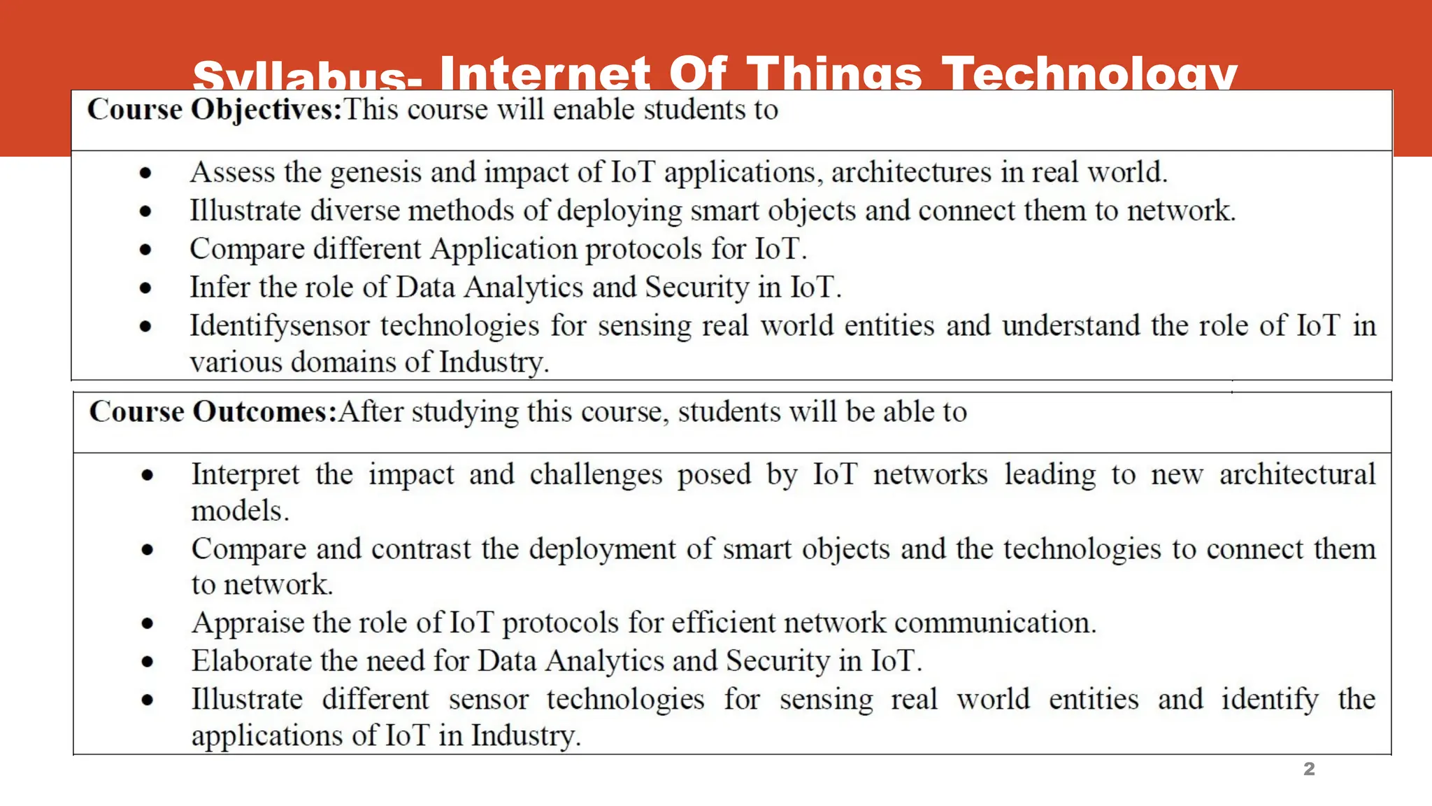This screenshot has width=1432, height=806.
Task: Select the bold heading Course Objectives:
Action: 214,110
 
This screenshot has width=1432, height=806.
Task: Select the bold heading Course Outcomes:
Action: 213,411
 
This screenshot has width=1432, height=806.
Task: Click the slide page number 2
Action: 1309,769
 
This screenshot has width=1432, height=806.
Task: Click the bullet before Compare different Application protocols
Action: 145,249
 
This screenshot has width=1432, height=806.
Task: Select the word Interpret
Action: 245,475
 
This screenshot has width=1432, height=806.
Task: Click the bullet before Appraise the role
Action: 147,623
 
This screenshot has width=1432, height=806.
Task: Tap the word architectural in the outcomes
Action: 1297,474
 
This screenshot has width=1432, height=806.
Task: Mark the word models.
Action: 240,511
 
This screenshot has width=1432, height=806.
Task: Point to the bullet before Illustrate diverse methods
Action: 145,211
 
